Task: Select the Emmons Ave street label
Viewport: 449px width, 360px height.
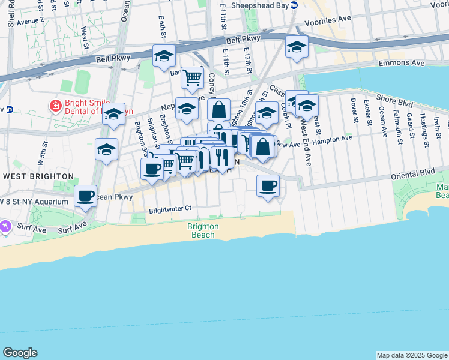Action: pyautogui.click(x=401, y=63)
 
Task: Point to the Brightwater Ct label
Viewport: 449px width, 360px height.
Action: pyautogui.click(x=170, y=209)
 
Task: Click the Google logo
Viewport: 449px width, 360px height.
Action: pyautogui.click(x=20, y=353)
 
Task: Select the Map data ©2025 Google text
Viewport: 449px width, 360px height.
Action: pyautogui.click(x=411, y=355)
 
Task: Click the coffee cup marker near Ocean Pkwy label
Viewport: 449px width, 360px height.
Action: pyautogui.click(x=86, y=195)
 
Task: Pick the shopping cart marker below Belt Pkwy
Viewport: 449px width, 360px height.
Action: pyautogui.click(x=192, y=77)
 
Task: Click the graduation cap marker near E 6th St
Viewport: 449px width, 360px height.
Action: pyautogui.click(x=164, y=56)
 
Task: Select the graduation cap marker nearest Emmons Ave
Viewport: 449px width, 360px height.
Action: pyautogui.click(x=297, y=46)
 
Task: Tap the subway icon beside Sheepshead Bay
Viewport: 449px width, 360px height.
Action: pyautogui.click(x=294, y=5)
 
